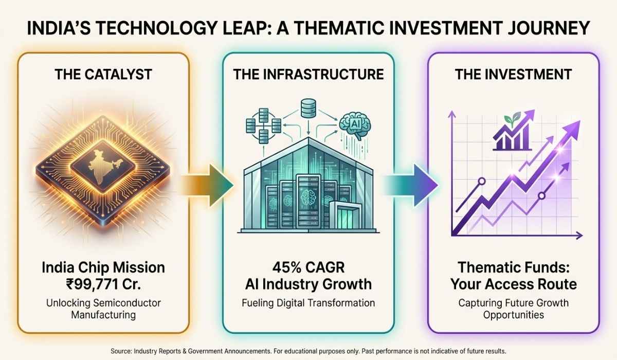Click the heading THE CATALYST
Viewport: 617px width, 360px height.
click(x=103, y=75)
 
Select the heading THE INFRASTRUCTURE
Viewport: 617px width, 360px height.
click(x=308, y=75)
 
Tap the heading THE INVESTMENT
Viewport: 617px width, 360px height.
click(x=514, y=75)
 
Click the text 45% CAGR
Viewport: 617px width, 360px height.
click(x=308, y=267)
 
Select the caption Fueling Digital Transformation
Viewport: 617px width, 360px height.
click(x=308, y=303)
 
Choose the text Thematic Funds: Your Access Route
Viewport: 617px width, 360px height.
click(x=514, y=276)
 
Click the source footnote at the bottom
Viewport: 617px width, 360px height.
click(x=308, y=351)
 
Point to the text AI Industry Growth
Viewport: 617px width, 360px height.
click(x=308, y=284)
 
